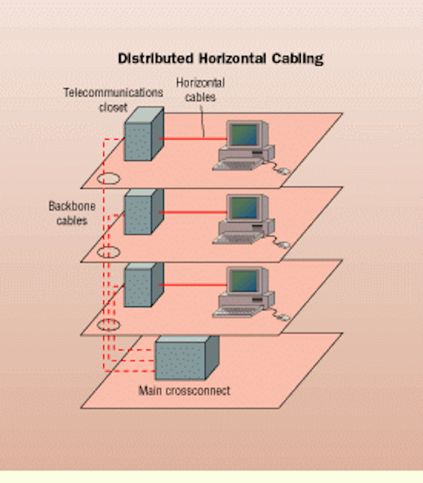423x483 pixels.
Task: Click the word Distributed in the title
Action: pyautogui.click(x=156, y=58)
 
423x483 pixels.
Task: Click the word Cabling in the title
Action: pyautogui.click(x=297, y=59)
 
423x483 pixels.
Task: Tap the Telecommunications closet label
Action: pyautogui.click(x=113, y=100)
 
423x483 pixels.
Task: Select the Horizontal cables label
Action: pyautogui.click(x=200, y=90)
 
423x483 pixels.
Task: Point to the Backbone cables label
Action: pyautogui.click(x=72, y=213)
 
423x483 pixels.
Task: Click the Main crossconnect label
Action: pyautogui.click(x=185, y=391)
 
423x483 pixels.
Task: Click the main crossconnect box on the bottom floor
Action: pyautogui.click(x=187, y=358)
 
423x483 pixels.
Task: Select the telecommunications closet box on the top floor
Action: pyautogui.click(x=144, y=134)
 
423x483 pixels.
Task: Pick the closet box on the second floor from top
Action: pyautogui.click(x=144, y=212)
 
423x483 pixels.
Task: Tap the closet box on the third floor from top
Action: pyautogui.click(x=144, y=285)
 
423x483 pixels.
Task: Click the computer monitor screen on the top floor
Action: pyautogui.click(x=244, y=134)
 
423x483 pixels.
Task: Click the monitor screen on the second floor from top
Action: pyautogui.click(x=244, y=208)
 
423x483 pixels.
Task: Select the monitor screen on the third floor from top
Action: pyautogui.click(x=244, y=281)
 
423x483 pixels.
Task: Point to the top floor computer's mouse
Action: pyautogui.click(x=284, y=171)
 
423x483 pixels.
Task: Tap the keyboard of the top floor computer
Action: pyautogui.click(x=238, y=165)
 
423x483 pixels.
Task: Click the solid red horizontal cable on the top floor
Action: pyautogui.click(x=193, y=139)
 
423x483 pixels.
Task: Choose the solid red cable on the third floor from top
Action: pyautogui.click(x=193, y=285)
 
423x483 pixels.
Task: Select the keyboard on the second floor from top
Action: pyautogui.click(x=238, y=238)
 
